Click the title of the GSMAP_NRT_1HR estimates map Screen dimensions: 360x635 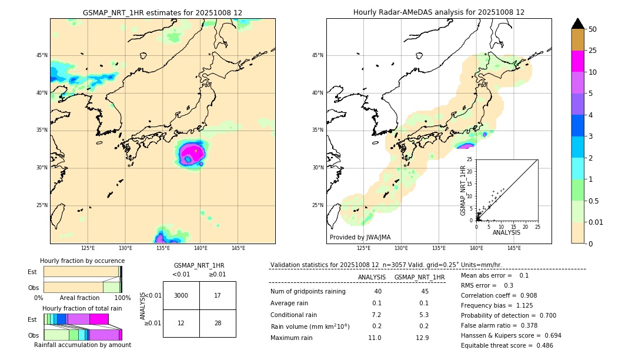click(x=162, y=12)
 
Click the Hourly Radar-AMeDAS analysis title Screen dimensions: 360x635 click(x=439, y=12)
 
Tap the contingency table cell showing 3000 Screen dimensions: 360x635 click(x=181, y=295)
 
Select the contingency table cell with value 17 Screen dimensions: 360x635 click(x=218, y=295)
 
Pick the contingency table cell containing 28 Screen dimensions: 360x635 click(x=218, y=323)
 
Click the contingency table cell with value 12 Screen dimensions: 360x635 click(x=181, y=323)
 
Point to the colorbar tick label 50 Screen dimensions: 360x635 click(x=593, y=29)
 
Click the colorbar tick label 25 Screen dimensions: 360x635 click(x=593, y=51)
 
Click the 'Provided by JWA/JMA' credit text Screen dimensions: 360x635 click(x=360, y=237)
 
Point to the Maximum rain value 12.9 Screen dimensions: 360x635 click(x=422, y=338)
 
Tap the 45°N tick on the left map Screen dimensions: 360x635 click(x=42, y=55)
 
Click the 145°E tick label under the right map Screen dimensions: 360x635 click(x=514, y=248)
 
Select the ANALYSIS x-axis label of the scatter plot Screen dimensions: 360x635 click(x=506, y=232)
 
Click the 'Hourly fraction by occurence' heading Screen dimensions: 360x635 click(x=82, y=261)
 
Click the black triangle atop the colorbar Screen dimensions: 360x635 click(x=578, y=24)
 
